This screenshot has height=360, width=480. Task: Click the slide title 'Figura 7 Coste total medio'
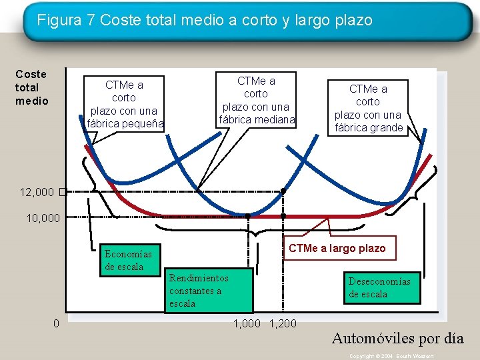point(205,21)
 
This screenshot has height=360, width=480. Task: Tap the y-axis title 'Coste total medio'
point(31,87)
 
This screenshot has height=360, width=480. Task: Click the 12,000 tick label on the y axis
point(37,192)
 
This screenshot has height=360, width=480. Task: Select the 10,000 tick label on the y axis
point(43,217)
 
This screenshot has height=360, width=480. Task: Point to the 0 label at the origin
point(57,324)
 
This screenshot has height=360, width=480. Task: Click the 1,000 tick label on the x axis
point(247,324)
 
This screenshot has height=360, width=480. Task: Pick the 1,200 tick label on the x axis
point(283,324)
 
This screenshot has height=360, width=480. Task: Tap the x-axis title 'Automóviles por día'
point(397,338)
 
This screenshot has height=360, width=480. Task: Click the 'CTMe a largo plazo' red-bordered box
point(337,249)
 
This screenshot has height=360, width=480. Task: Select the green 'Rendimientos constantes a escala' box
point(209,291)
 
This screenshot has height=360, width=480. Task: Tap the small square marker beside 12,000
point(61,192)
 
